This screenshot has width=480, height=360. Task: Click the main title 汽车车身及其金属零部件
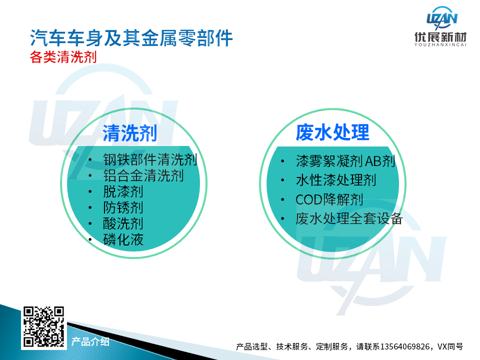pyautogui.click(x=131, y=38)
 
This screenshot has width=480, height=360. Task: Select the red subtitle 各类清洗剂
pyautogui.click(x=63, y=57)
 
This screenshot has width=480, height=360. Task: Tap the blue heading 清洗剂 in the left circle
pyautogui.click(x=130, y=133)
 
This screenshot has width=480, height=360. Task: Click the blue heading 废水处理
pyautogui.click(x=332, y=132)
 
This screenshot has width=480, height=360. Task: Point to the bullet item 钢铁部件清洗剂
pyautogui.click(x=150, y=160)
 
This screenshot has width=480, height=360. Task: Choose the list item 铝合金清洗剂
pyautogui.click(x=143, y=175)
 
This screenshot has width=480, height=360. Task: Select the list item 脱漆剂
pyautogui.click(x=123, y=192)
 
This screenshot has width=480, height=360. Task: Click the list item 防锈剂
pyautogui.click(x=123, y=208)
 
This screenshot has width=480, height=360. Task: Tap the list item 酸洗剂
pyautogui.click(x=123, y=224)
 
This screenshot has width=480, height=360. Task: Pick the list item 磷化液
pyautogui.click(x=123, y=239)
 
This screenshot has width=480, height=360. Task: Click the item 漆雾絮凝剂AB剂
pyautogui.click(x=345, y=161)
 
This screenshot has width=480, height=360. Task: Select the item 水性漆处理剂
pyautogui.click(x=336, y=180)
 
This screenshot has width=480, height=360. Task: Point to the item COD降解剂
pyautogui.click(x=329, y=199)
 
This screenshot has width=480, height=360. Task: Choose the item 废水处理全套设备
pyautogui.click(x=349, y=219)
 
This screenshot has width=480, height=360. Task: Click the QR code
pyautogui.click(x=44, y=326)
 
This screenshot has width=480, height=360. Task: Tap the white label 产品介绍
pyautogui.click(x=90, y=341)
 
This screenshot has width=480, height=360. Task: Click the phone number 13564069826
pyautogui.click(x=404, y=346)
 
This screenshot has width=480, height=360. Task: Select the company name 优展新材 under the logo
pyautogui.click(x=440, y=37)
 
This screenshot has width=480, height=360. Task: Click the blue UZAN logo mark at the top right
pyautogui.click(x=442, y=18)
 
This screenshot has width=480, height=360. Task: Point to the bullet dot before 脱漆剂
pyautogui.click(x=90, y=192)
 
